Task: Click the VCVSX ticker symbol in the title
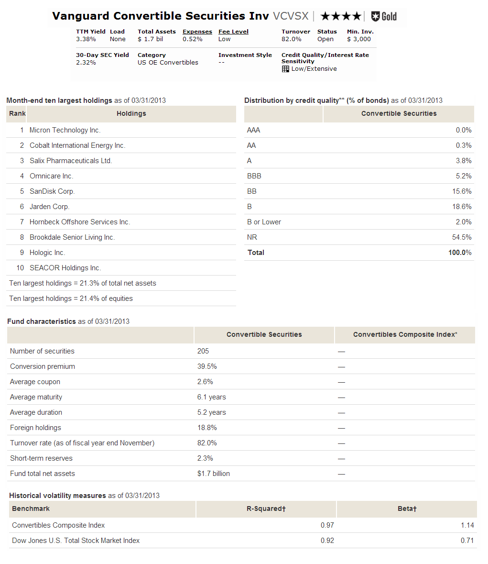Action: coord(291,16)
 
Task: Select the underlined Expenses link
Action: coord(197,32)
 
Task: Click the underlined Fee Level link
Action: coord(233,32)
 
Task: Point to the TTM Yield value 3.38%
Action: coord(86,39)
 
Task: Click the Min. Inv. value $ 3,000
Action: coord(359,39)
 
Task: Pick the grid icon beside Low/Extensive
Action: coord(285,69)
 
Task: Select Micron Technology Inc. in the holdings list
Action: coord(65,130)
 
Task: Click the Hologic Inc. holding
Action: coord(47,253)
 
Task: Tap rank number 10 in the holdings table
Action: coord(20,268)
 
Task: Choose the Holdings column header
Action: coord(131,114)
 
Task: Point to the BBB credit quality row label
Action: coord(254,176)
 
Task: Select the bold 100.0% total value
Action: coord(460,253)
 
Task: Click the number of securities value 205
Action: coord(203,351)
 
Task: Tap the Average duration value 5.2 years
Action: coord(212,412)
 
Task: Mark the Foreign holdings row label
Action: coord(36,428)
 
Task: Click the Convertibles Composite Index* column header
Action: coord(405,335)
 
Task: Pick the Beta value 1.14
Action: coord(467,525)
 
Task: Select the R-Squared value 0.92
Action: coord(327,541)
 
